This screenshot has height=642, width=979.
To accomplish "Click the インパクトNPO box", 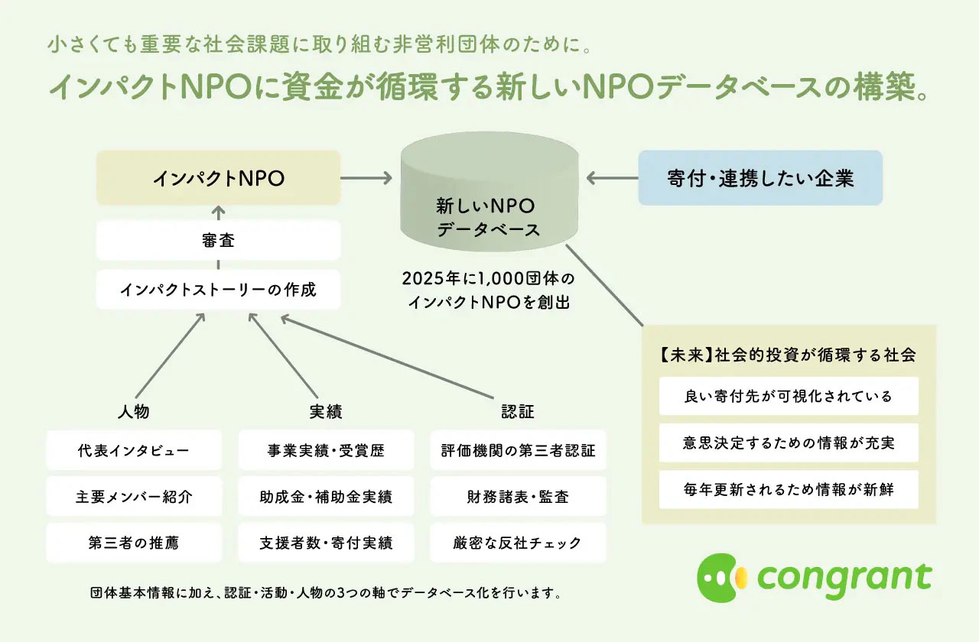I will coord(218,177).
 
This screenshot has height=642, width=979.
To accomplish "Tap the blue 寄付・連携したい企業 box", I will coord(759,177).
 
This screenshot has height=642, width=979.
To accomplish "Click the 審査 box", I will coord(218,241).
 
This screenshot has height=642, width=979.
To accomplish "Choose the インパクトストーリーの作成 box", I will coord(218,290).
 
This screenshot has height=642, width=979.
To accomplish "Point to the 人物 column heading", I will coord(133,411).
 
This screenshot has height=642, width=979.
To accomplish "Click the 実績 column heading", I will coord(325,411).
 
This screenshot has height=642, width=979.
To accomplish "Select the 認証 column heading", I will coord(517,411).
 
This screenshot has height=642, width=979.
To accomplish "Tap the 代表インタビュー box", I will coord(134,449).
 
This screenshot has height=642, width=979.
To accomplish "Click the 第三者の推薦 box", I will coord(134,543).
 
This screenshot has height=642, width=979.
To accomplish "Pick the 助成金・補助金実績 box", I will coord(326,497).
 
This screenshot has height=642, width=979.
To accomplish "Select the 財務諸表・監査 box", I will coord(518,497).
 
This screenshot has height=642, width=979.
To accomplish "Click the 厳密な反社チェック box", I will coord(518,543).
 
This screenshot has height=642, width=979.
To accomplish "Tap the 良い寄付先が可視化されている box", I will coord(789,396).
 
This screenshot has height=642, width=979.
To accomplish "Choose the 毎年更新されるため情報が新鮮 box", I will coord(789,489).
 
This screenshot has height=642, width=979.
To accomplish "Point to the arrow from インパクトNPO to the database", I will coord(366,178).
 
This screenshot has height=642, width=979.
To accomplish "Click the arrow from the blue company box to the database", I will coord(612,178).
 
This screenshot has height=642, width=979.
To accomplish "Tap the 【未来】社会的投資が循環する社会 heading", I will coord(788,355).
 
